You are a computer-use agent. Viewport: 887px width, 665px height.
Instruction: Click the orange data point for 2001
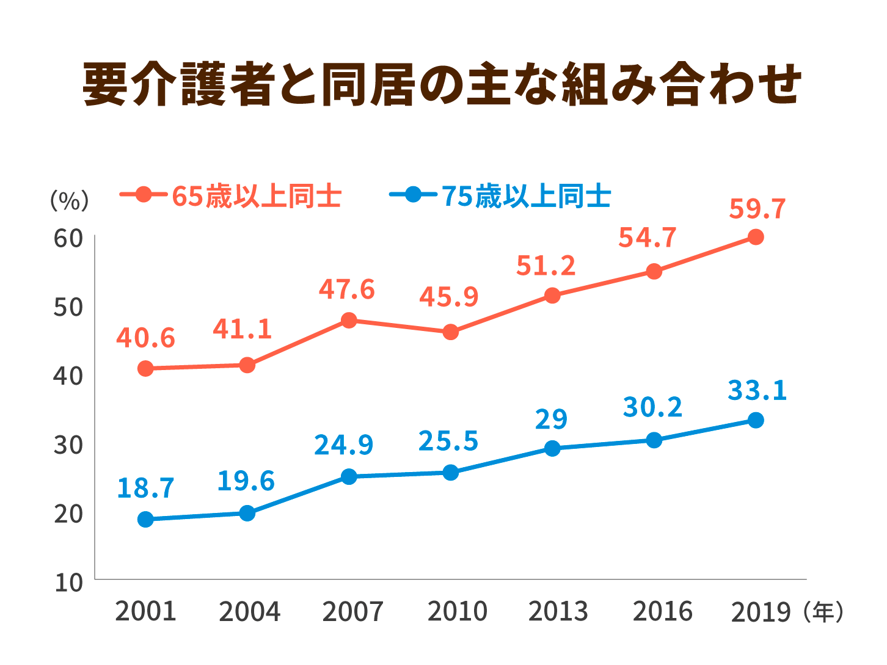(x=145, y=368)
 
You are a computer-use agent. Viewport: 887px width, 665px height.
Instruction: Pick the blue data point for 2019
(x=756, y=420)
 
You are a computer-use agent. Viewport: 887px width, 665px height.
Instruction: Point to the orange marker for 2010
(x=450, y=332)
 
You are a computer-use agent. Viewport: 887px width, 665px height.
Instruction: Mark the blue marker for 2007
(x=349, y=476)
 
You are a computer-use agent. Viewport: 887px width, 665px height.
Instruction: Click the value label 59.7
(x=757, y=209)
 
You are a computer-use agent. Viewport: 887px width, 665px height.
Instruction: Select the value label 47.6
(x=346, y=289)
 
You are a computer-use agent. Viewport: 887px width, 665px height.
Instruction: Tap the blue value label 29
(x=552, y=420)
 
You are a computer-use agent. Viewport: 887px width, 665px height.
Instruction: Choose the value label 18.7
(x=145, y=488)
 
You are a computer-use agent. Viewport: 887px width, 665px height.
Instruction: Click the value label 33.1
(x=757, y=391)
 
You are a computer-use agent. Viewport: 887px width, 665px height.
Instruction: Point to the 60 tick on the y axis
(x=68, y=238)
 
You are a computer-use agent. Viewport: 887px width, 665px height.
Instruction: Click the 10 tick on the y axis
(x=68, y=582)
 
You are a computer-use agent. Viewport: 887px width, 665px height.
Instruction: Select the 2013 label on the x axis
(x=558, y=611)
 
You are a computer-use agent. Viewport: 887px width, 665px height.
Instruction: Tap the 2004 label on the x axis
(x=249, y=611)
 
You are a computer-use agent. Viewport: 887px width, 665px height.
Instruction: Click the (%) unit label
(x=69, y=200)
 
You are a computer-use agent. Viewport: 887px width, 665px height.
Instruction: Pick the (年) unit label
(x=824, y=611)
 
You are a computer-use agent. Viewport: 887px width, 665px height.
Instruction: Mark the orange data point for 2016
(x=654, y=271)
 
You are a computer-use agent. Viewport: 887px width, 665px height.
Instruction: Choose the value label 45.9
(x=448, y=296)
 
